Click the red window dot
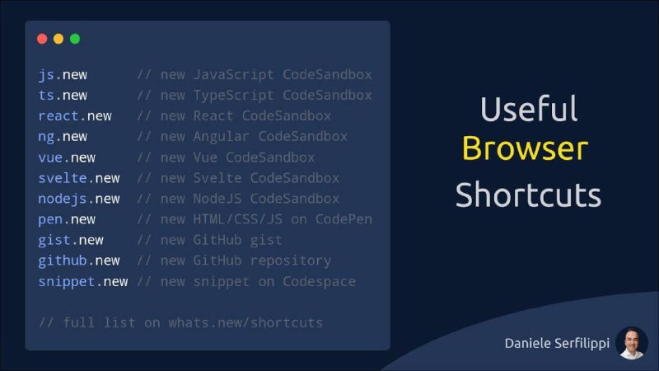pyautogui.click(x=42, y=39)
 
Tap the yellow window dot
pyautogui.click(x=58, y=39)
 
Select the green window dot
pyautogui.click(x=75, y=39)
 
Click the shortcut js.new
pyautogui.click(x=63, y=75)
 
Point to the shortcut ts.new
pyautogui.click(x=63, y=96)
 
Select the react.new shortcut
pyautogui.click(x=75, y=115)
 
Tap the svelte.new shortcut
pyautogui.click(x=79, y=178)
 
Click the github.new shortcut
pyautogui.click(x=79, y=261)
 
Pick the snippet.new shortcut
pyautogui.click(x=83, y=281)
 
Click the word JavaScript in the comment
pyautogui.click(x=234, y=75)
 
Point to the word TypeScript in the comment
pyautogui.click(x=234, y=96)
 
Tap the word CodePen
pyautogui.click(x=344, y=219)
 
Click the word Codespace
pyautogui.click(x=320, y=281)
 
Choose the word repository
pyautogui.click(x=291, y=261)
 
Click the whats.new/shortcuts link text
pyautogui.click(x=245, y=322)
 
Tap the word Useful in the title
pyautogui.click(x=529, y=109)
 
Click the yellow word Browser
pyautogui.click(x=526, y=148)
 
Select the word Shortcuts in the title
pyautogui.click(x=528, y=195)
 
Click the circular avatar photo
pyautogui.click(x=632, y=343)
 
